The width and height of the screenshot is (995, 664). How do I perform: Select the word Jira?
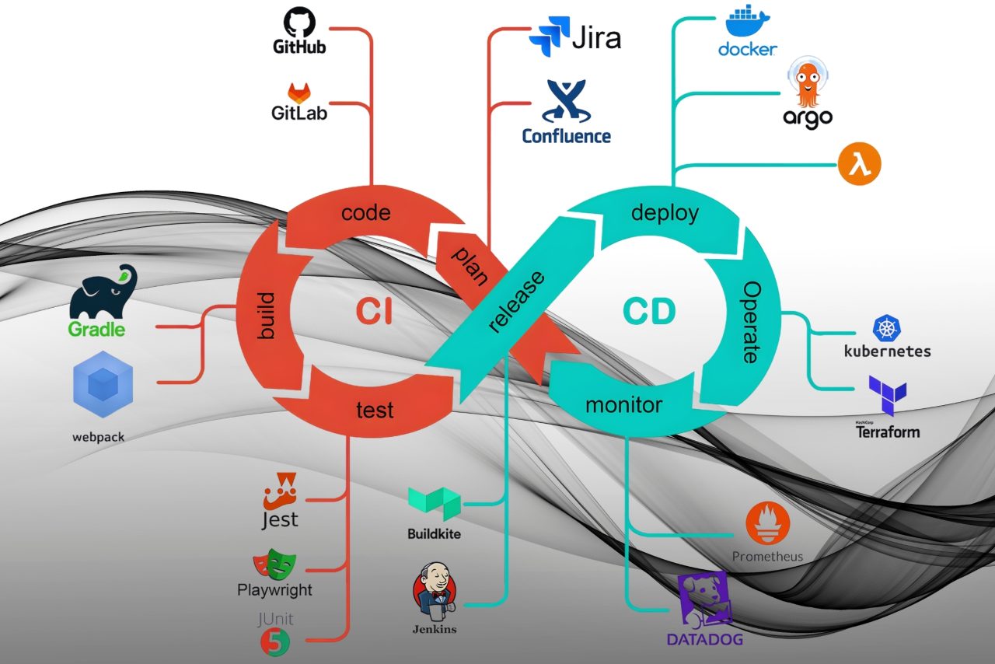click(x=596, y=37)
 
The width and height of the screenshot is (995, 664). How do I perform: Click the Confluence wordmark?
click(x=566, y=136)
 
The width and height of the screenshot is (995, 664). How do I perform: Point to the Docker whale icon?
click(x=745, y=21)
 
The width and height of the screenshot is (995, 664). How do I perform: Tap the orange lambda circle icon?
click(x=860, y=166)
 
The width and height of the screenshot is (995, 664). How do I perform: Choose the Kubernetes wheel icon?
click(x=886, y=328)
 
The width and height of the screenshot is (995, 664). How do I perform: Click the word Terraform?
click(x=888, y=432)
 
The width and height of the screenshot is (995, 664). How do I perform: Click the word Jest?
click(x=280, y=519)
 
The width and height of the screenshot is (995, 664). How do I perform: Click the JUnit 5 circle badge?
click(x=276, y=641)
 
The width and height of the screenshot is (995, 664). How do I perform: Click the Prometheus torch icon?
click(x=767, y=523)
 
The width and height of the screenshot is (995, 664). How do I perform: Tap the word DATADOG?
click(x=705, y=640)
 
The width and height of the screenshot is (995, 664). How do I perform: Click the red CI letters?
click(x=374, y=312)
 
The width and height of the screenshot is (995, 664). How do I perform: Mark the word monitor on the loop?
click(x=623, y=405)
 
